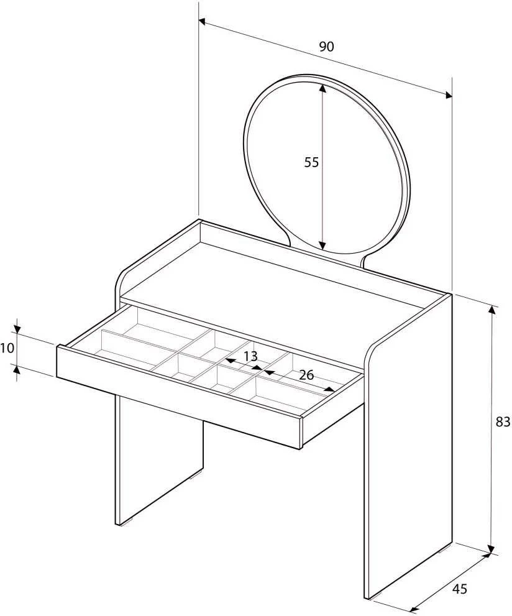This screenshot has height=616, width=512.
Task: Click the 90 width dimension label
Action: point(326,47)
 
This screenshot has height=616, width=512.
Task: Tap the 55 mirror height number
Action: point(311,162)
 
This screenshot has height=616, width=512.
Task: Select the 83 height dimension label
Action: point(503,421)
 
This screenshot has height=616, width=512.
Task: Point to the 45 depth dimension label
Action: point(460,589)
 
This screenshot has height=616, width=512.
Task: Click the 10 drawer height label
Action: point(7,347)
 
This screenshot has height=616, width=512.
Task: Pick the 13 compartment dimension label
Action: point(250,356)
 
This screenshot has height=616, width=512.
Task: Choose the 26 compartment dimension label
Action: point(306,375)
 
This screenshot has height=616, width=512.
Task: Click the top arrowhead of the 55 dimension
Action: point(322,88)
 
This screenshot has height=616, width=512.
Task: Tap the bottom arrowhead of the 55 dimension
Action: point(322,246)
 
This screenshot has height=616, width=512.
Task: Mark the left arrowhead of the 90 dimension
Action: point(203,22)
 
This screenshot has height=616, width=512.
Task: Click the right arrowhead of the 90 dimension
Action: point(448,94)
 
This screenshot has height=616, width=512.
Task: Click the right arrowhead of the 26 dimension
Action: point(330,389)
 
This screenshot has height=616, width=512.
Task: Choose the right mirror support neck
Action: point(365,261)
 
